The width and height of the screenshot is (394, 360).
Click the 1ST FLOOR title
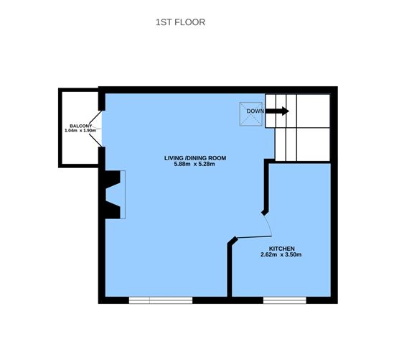coord(181,22)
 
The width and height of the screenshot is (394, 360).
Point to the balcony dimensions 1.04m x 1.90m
coord(80,130)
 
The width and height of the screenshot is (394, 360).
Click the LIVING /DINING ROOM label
coord(189,157)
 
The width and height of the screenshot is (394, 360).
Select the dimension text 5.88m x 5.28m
coord(189,165)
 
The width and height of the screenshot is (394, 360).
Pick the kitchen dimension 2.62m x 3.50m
coord(281,254)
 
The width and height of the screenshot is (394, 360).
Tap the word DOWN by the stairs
coord(255,111)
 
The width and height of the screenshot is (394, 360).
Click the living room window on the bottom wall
coord(161,299)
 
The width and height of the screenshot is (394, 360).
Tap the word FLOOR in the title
coord(190,22)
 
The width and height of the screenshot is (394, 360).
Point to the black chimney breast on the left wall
coord(111,194)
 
